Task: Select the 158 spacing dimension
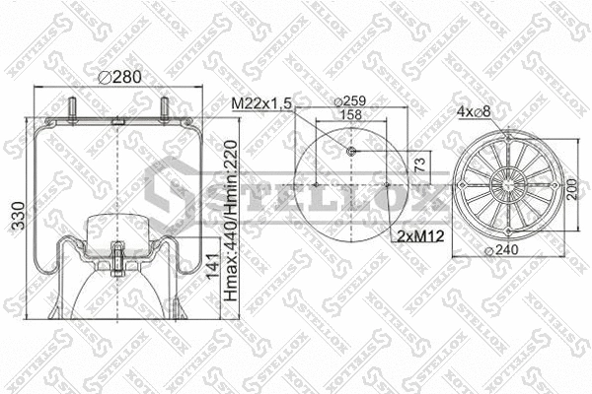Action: [x=351, y=114]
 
